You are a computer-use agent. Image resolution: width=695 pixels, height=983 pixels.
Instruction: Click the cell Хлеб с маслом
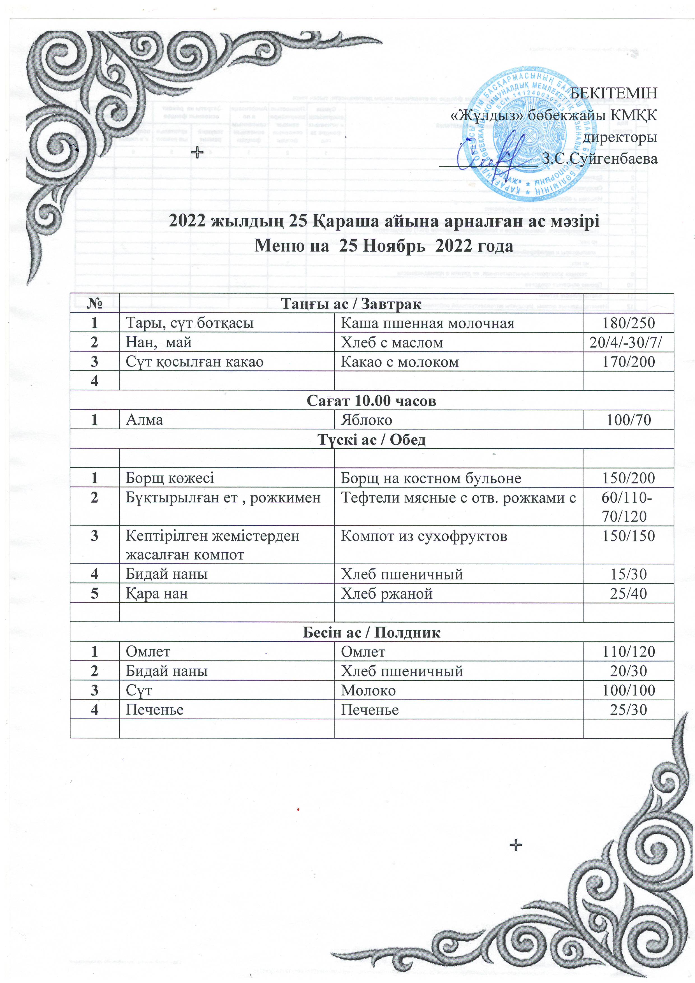tap(391, 342)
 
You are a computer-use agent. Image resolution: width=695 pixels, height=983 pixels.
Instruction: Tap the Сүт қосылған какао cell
tap(194, 362)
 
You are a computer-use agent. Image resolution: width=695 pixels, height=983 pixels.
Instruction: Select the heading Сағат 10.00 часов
tap(371, 400)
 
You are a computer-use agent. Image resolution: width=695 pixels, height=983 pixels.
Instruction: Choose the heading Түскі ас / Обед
tap(371, 439)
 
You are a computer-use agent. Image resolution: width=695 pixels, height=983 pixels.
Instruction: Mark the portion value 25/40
tap(628, 594)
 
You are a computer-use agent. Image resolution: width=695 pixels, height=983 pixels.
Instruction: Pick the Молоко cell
tap(368, 690)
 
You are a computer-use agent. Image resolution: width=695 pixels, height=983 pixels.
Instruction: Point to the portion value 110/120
tap(628, 652)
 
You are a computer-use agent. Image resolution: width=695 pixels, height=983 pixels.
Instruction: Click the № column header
tap(95, 303)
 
